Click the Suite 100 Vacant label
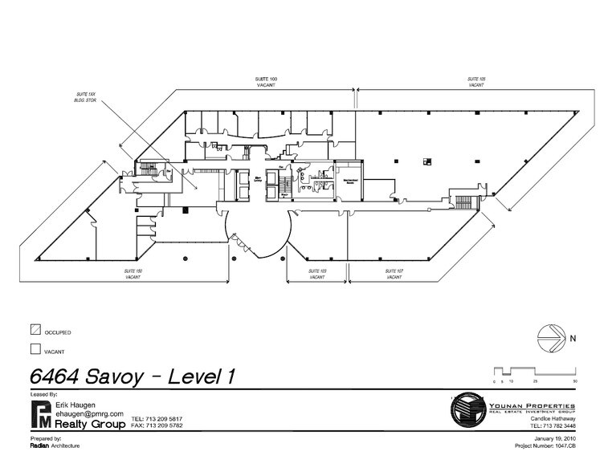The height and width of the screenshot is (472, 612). [x=265, y=81]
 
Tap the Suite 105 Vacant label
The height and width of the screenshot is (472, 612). [x=476, y=81]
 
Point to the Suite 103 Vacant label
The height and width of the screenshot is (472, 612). [x=317, y=275]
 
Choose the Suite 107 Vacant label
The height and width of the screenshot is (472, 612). [x=394, y=275]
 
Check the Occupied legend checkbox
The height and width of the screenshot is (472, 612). [x=35, y=329]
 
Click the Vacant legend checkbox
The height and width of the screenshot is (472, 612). [x=35, y=349]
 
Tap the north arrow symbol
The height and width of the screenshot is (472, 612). [x=550, y=336]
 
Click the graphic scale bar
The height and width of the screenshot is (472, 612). [x=533, y=372]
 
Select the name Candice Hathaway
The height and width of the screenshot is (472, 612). [x=554, y=418]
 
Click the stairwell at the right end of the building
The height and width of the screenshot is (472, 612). [x=463, y=199]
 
